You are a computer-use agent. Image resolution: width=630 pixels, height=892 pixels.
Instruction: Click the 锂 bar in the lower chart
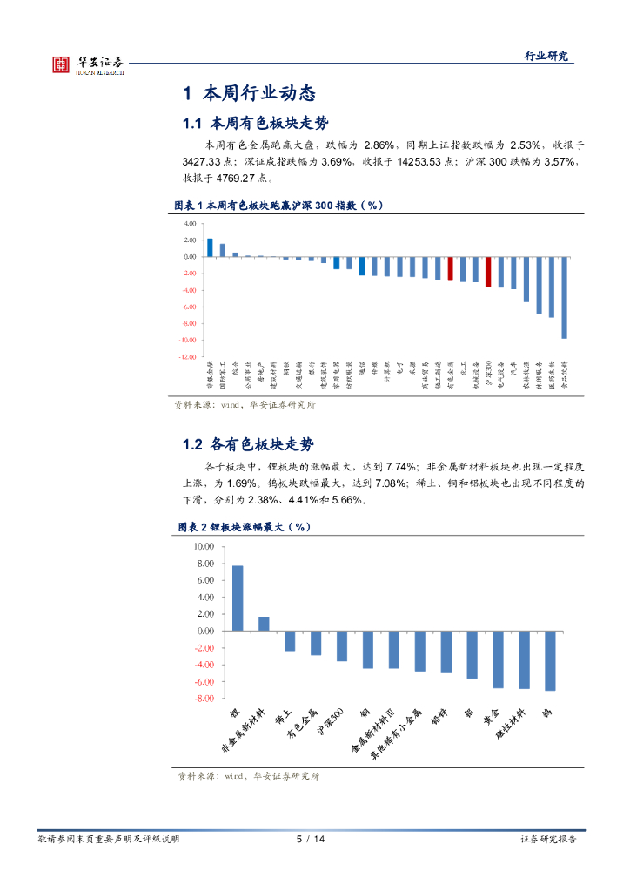point(238,598)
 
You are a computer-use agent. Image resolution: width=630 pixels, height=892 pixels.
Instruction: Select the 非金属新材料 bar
point(264,624)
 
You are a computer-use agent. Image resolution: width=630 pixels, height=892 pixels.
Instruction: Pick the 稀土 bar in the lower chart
point(290,640)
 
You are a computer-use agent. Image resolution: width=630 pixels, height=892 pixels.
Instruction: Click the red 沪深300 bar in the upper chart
point(488,272)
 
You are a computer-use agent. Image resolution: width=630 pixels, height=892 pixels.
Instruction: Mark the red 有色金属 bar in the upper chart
point(450,268)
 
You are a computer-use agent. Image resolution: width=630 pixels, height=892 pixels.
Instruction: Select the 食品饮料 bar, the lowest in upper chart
point(564,297)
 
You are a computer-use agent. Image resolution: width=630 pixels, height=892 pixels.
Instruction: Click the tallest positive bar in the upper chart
point(210,247)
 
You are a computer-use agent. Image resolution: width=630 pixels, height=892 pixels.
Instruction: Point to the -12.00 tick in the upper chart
point(187,356)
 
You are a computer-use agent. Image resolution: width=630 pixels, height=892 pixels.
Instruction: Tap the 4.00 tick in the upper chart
point(190,224)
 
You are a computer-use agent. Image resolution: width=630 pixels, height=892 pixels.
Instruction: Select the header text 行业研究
point(546,56)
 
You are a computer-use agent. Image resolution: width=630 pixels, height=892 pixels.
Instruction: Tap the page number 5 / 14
point(310,839)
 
